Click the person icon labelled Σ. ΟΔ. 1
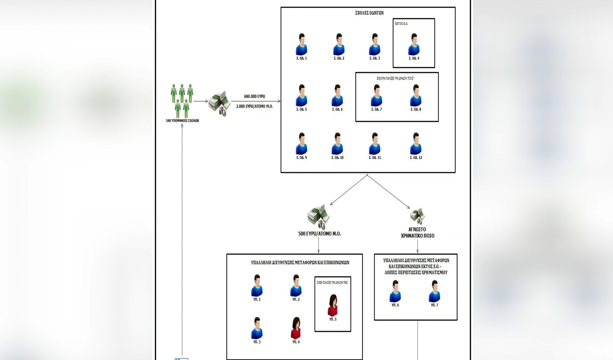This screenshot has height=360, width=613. tap(301, 45)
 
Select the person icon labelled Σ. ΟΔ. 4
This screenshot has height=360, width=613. tap(414, 45)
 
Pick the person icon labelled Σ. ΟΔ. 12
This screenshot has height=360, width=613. tap(416, 144)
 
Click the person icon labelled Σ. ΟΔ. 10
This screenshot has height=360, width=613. tap(337, 144)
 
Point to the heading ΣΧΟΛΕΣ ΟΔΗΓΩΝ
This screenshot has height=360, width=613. tap(369, 13)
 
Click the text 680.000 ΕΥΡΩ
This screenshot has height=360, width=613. tap(254, 97)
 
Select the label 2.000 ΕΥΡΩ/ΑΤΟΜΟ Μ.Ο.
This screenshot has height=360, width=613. tap(254, 106)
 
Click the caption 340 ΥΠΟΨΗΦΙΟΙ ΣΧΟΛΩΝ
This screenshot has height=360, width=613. tap(182, 121)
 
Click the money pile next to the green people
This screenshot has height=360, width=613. tap(219, 103)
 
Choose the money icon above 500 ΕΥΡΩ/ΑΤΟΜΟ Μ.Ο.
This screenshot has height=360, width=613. tap(319, 217)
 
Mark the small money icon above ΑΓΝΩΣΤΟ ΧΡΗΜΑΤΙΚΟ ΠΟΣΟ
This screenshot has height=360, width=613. tap(417, 215)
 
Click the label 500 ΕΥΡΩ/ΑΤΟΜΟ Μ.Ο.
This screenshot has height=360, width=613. tap(320, 234)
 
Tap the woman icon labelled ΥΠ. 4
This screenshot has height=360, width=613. tap(296, 328)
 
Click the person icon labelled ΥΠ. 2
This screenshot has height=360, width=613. tap(296, 286)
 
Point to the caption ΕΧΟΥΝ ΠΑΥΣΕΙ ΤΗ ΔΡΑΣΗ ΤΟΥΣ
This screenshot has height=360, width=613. tap(395, 78)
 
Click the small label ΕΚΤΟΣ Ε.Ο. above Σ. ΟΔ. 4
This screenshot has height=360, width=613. tap(401, 24)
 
